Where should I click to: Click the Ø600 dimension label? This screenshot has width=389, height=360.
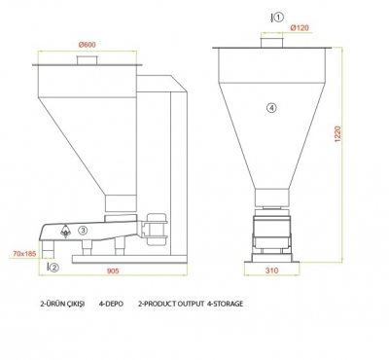coord(88,45)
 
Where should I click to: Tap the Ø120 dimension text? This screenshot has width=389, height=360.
coord(300,28)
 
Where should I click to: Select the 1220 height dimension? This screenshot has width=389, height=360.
coord(337,133)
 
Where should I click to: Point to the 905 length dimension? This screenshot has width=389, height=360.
coord(113,270)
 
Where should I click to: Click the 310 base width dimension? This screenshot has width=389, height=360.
coord(271,270)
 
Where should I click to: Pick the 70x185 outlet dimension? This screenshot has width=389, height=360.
coord(24,254)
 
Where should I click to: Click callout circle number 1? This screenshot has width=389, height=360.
coord(279,18)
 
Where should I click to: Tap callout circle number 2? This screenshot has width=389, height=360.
coord(54,268)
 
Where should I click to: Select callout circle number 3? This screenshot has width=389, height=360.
coord(83,231)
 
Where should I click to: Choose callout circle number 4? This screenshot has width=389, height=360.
coord(271,108)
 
